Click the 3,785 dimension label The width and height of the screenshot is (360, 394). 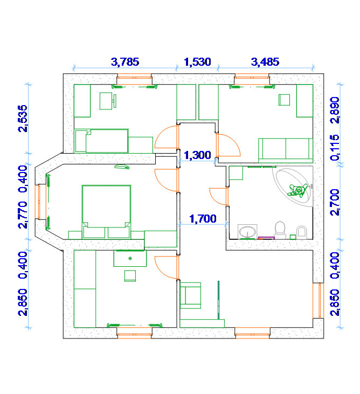[x=125, y=62]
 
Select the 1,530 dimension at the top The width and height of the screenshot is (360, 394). [x=197, y=62]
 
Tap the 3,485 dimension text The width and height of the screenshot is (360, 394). [x=265, y=62]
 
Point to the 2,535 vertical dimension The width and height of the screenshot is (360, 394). [x=23, y=119]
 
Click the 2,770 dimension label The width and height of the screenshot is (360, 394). [x=23, y=215]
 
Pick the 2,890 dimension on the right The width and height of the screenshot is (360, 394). [x=335, y=110]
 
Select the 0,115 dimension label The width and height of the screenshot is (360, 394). [x=335, y=148]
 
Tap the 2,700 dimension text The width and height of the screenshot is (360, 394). [x=335, y=202]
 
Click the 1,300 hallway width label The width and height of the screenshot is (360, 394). [x=197, y=155]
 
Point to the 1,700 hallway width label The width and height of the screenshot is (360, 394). [x=203, y=219]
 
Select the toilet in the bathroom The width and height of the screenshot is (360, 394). [x=280, y=230]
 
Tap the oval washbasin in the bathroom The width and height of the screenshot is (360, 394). [x=247, y=232]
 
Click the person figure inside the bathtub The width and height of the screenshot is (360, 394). [x=297, y=190]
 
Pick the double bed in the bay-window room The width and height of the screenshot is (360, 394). [x=106, y=212]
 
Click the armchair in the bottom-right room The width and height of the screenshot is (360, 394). [x=190, y=295]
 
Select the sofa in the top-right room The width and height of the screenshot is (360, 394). [x=286, y=150]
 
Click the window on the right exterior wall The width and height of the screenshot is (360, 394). [x=319, y=301]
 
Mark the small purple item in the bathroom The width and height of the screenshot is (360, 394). [x=266, y=238]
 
